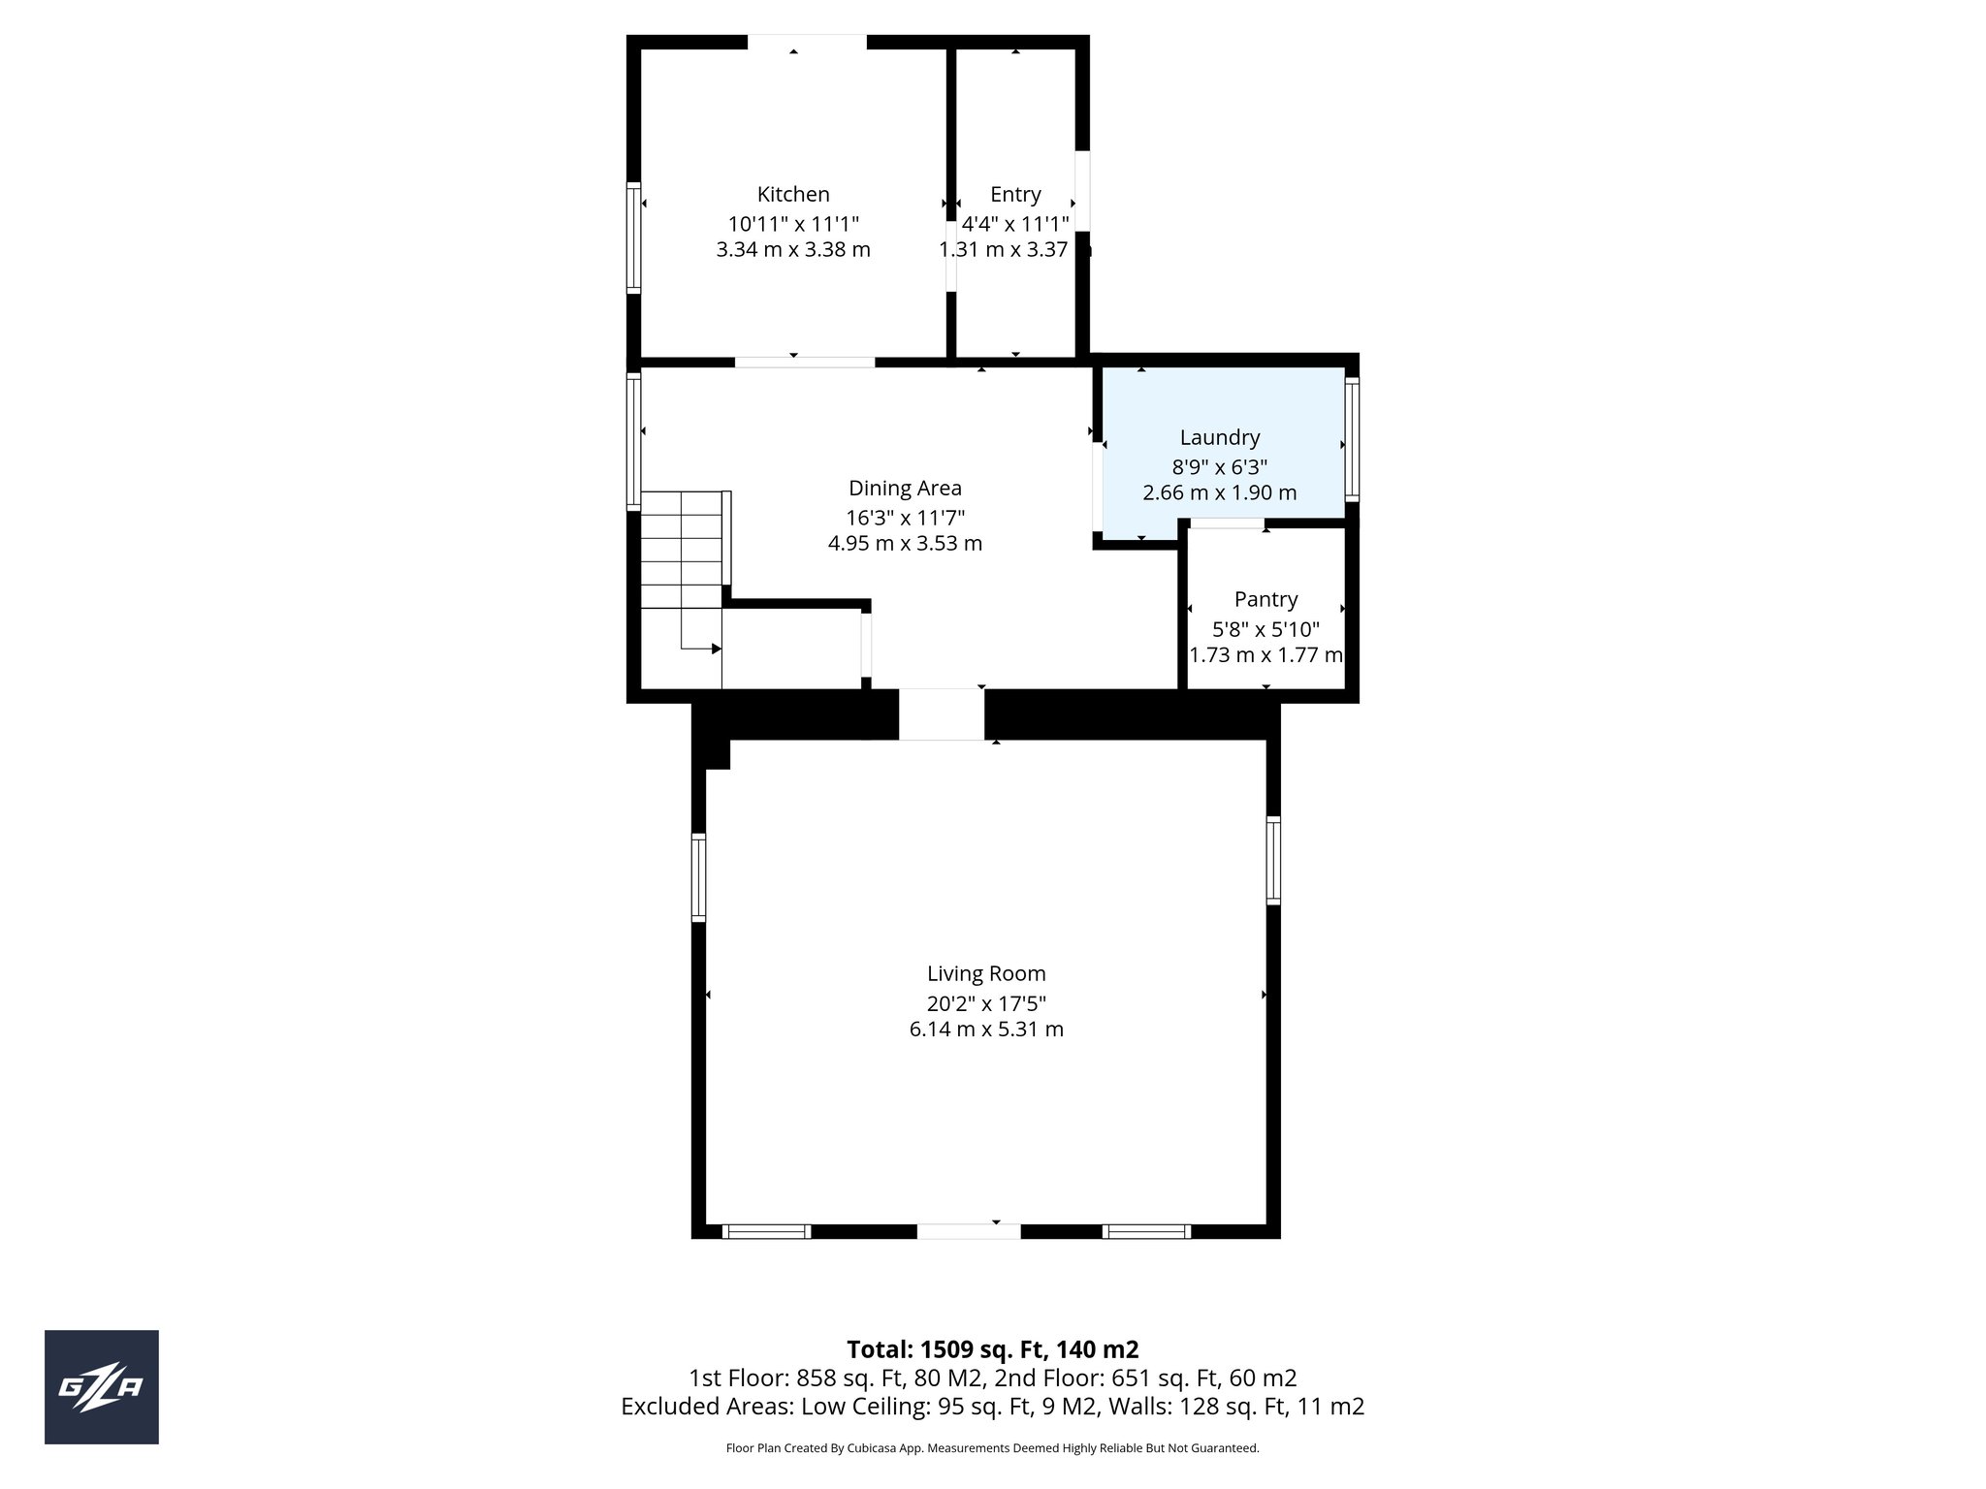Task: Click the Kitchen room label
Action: point(793,194)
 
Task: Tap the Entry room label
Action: point(1015,194)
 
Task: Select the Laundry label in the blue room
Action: point(1219,437)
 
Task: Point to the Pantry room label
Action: point(1265,599)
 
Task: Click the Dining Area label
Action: point(905,488)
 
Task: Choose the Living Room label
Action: point(986,973)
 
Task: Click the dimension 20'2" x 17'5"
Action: point(986,1002)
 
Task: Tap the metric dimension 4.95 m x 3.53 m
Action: point(905,543)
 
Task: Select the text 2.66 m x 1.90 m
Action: point(1219,492)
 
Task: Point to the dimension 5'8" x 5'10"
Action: point(1265,628)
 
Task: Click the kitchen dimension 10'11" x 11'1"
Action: point(793,223)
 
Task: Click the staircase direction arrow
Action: point(715,649)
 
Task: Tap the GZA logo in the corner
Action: point(101,1387)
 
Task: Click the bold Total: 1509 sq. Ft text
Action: point(992,1349)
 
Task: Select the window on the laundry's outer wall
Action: point(1352,439)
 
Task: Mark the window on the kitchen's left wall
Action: point(633,238)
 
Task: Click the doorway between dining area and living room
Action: point(942,714)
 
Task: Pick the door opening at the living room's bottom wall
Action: point(968,1231)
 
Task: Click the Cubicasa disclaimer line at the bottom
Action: point(992,1448)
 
